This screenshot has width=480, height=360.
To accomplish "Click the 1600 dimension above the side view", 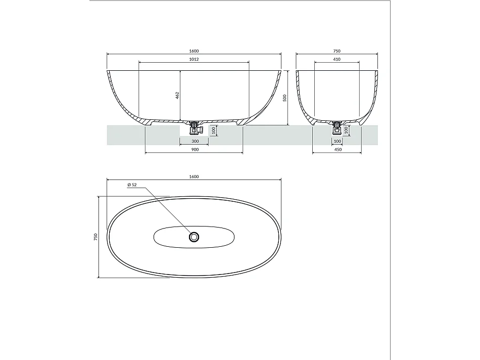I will (x=194, y=51).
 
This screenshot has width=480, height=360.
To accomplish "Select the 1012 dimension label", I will (x=194, y=60).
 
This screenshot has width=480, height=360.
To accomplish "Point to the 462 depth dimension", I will (x=178, y=95).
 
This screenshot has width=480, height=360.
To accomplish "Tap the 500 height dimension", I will (x=285, y=98).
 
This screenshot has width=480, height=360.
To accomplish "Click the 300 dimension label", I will (x=195, y=141).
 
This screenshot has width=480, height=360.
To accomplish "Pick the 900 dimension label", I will (x=195, y=150).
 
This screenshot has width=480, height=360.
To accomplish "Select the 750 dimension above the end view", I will (x=337, y=51).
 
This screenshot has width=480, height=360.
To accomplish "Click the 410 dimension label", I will (x=337, y=60).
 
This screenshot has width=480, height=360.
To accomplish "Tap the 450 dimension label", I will (x=338, y=150).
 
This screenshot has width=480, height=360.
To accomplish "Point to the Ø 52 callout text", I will (x=132, y=185).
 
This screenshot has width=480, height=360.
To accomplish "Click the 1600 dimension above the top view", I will (x=194, y=176).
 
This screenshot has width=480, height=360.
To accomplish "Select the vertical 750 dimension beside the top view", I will (x=96, y=237).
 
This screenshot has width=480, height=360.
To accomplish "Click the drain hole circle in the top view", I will (x=195, y=237).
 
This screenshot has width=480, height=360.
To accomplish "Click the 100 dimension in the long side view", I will (x=213, y=130).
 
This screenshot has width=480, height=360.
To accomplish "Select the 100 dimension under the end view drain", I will (x=346, y=130).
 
